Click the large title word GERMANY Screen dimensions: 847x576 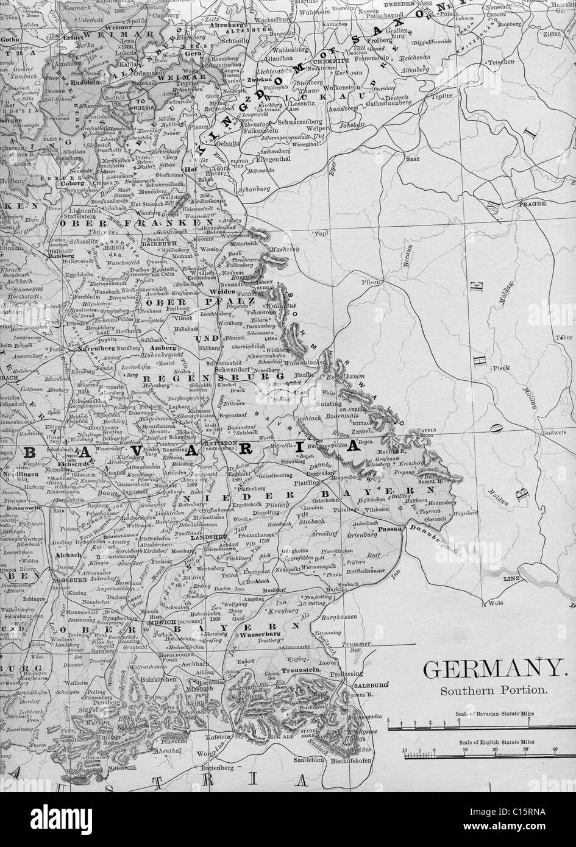[493, 670]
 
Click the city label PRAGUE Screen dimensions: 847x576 [528, 205]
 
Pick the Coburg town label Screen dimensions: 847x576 [71, 181]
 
